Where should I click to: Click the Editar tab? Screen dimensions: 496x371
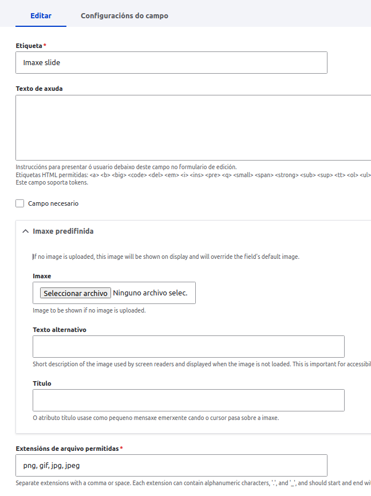(41, 15)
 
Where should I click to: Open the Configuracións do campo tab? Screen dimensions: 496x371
(124, 15)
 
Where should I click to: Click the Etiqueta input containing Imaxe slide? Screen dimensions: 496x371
(171, 63)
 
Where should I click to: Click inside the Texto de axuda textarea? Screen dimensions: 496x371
(193, 127)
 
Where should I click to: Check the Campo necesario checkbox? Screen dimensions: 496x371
(20, 203)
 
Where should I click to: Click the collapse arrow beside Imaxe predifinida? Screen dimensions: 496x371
(25, 231)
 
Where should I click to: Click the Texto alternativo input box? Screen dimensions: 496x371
(188, 347)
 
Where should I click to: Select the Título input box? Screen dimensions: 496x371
(188, 401)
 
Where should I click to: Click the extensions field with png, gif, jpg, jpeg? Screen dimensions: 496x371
(171, 466)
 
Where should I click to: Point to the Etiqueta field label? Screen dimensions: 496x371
(29, 45)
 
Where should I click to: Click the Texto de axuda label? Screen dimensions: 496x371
(39, 89)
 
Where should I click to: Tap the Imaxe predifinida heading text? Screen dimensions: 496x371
(63, 231)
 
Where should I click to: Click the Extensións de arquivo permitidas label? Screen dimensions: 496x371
(67, 449)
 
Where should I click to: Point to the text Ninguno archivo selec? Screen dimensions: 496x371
(150, 293)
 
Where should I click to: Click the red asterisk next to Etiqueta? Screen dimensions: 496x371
(45, 45)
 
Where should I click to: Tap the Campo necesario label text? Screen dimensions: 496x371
(53, 203)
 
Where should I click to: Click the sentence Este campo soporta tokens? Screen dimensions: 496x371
(52, 182)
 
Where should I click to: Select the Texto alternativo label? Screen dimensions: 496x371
(60, 330)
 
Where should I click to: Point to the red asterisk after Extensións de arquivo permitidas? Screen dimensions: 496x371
(121, 449)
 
